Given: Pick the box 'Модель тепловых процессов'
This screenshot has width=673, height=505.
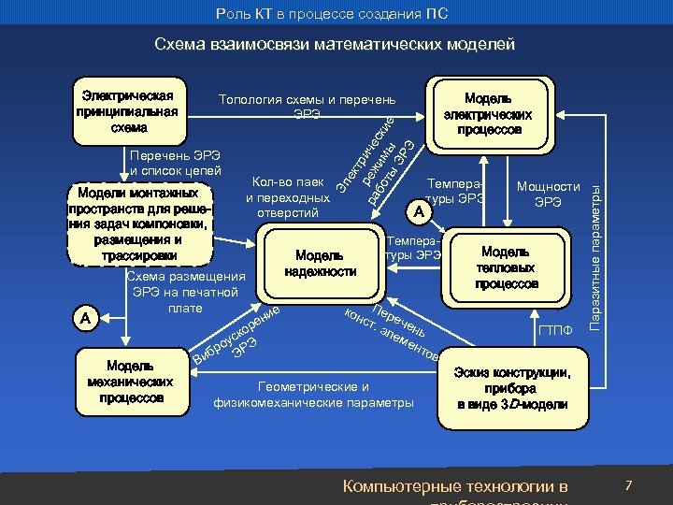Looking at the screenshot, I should [507, 267].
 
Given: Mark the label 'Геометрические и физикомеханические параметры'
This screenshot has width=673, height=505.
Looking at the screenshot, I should [313, 395].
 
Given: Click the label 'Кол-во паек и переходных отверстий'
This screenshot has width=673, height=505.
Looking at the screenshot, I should [288, 197].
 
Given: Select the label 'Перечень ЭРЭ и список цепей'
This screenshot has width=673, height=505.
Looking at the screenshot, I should [176, 161].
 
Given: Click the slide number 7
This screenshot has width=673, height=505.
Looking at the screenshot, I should [629, 485].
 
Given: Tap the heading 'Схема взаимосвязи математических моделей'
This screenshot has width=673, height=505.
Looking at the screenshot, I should [335, 44].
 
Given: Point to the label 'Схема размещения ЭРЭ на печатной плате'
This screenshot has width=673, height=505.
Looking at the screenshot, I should [185, 292].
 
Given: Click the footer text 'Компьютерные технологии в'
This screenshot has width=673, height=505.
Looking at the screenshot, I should [455, 486].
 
